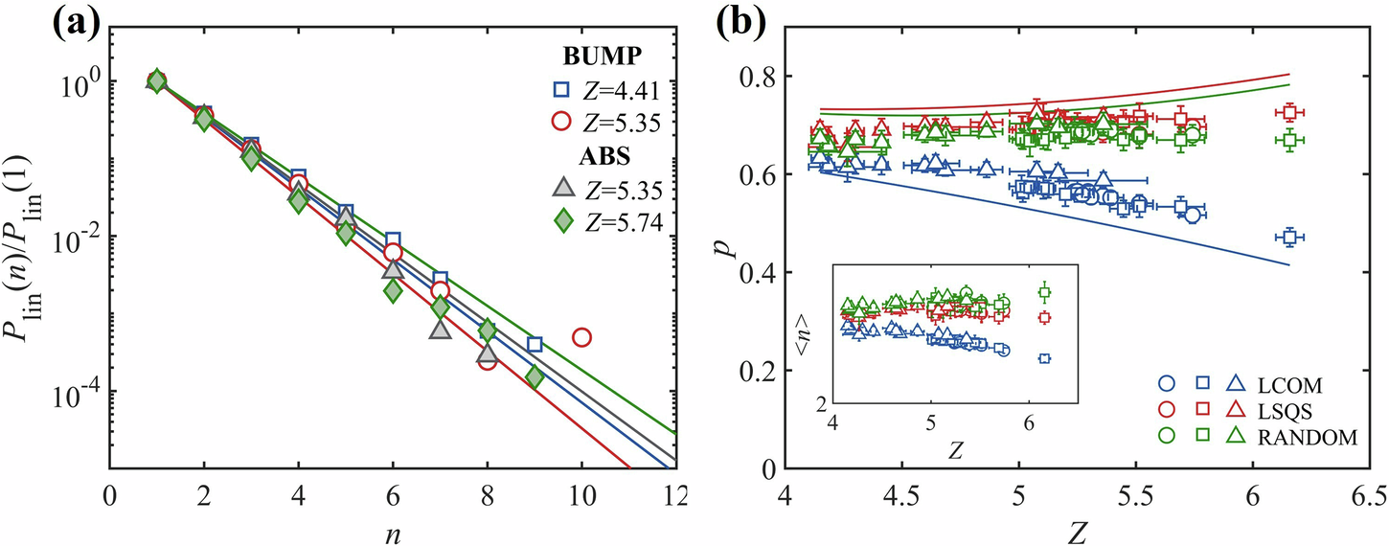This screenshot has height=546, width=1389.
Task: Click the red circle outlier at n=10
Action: pyautogui.click(x=581, y=337)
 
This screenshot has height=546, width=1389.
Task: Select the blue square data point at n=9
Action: pyautogui.click(x=535, y=344)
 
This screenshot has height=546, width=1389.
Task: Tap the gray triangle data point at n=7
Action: pyautogui.click(x=440, y=330)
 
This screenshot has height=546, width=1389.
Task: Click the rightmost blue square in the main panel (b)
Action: pyautogui.click(x=1291, y=237)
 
